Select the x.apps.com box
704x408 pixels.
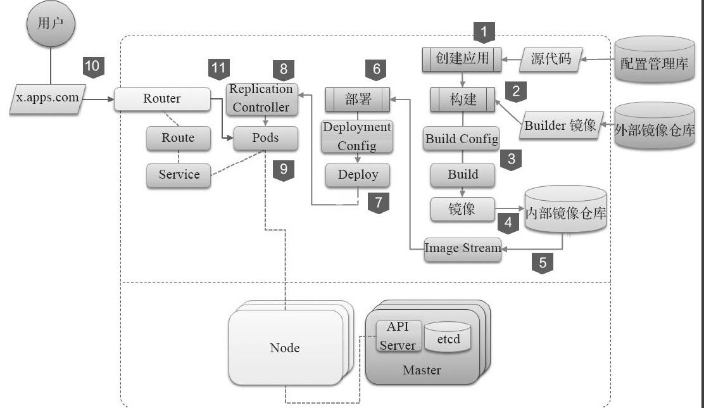point(47,99)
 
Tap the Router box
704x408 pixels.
point(162,99)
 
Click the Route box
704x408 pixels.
point(178,138)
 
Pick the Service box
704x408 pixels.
point(179,175)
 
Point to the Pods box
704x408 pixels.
point(265,138)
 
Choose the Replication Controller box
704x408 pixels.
point(261,98)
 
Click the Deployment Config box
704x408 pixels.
point(357,136)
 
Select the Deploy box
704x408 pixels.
point(358,175)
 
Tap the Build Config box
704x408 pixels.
point(462,139)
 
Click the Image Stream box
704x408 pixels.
point(463,248)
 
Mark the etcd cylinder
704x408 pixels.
point(448,338)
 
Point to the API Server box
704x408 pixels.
point(398,336)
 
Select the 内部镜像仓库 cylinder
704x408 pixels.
point(566,212)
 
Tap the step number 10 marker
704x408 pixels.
point(92,67)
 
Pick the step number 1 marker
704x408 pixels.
point(484,31)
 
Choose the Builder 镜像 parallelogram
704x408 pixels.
point(560,125)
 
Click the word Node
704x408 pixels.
point(285,348)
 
